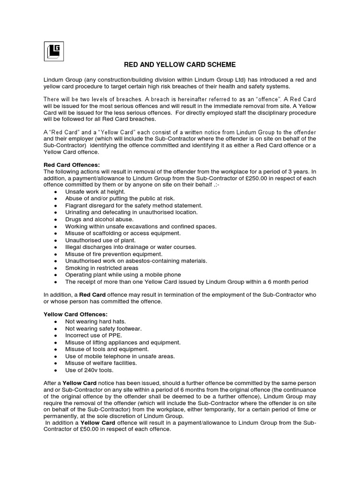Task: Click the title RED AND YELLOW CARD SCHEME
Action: point(180,64)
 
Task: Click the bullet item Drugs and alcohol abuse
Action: point(99,219)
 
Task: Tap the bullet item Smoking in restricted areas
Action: point(102,268)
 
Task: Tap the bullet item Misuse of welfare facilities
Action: point(101,363)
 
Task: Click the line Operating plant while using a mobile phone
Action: point(123,274)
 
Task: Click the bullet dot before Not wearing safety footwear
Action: point(56,329)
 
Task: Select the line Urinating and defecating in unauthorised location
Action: point(131,212)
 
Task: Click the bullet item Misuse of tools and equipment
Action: point(107,349)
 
